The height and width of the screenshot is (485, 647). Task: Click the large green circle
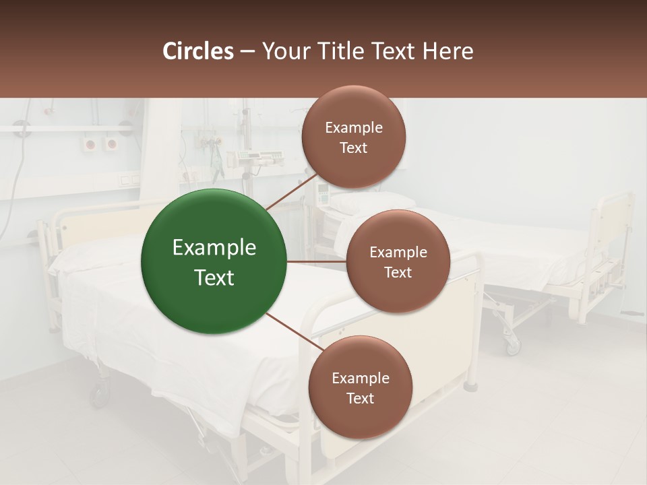pos(214,262)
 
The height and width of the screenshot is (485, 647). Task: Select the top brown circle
pos(353,137)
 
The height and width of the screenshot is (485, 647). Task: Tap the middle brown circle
pos(398,261)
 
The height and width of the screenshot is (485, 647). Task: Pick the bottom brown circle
pos(360,387)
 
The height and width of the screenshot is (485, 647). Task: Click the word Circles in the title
pos(197,51)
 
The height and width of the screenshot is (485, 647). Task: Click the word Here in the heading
pos(448,51)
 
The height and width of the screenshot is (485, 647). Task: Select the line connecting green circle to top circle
pos(292,192)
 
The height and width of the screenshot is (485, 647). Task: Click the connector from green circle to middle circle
pos(316,261)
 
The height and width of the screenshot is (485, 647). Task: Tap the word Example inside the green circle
pos(214,248)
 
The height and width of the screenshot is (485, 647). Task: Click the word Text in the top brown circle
pos(353,148)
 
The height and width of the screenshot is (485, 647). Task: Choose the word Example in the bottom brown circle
pos(360,378)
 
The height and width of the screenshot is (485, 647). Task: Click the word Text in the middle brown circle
pos(398,272)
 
